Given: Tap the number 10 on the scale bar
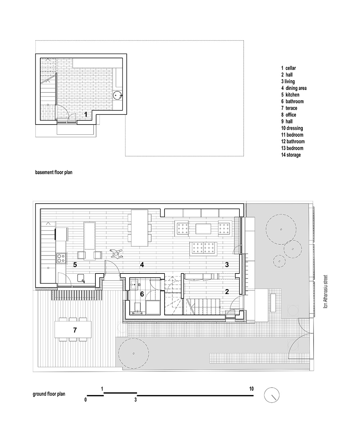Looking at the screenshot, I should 251,389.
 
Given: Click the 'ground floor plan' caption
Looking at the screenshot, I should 49,394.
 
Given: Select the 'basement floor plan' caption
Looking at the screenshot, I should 54,172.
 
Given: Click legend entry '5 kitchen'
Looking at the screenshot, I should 292,95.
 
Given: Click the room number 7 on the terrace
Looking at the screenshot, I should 75,330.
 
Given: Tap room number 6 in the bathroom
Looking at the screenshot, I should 142,294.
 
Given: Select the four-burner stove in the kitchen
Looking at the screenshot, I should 60,258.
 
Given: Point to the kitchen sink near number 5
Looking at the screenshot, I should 81,277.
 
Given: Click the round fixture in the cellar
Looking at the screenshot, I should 117,96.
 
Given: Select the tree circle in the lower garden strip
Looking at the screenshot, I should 133,354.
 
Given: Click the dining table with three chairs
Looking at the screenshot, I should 140,228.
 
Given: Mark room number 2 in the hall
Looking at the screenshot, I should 227,292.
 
